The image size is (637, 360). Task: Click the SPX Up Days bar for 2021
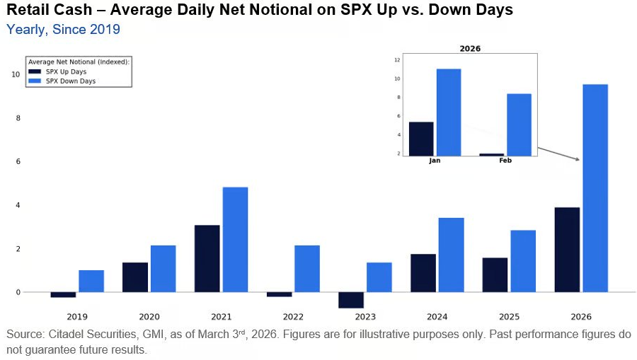click(x=207, y=258)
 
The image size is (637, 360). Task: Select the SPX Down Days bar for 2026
click(x=595, y=188)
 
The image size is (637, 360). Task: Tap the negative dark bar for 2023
click(x=350, y=300)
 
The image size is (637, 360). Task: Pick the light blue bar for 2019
click(x=91, y=281)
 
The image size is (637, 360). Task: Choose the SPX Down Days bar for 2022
click(x=307, y=269)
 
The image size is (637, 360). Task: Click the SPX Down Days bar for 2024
click(x=451, y=255)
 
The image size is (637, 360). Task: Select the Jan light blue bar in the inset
click(x=449, y=112)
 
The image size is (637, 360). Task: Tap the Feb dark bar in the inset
click(x=491, y=154)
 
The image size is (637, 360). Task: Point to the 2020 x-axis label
click(x=149, y=316)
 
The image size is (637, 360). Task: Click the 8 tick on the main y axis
click(x=18, y=118)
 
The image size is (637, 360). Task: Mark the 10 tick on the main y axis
click(x=16, y=74)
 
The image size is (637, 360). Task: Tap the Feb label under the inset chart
click(x=505, y=161)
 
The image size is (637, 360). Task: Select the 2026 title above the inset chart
click(x=470, y=49)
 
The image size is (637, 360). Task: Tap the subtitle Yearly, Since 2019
click(x=63, y=29)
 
